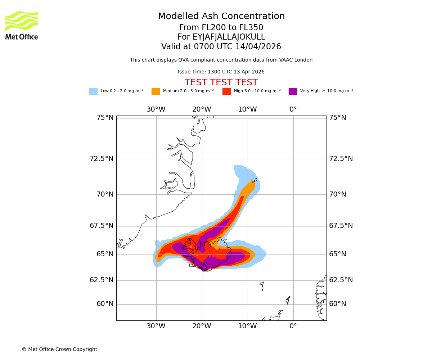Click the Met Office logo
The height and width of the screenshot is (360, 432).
coord(22,25)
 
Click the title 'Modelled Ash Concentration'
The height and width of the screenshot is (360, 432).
coord(221,17)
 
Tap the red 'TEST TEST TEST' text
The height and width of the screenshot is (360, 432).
coord(221,83)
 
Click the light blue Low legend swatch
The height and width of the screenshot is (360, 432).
coord(93,91)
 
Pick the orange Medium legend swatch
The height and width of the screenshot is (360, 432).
coord(156,91)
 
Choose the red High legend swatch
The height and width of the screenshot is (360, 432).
coord(226,91)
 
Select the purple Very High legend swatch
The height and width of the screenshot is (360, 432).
coord(293,91)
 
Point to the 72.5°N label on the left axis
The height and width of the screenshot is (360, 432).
coord(102,159)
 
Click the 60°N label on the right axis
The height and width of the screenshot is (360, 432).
coord(337,304)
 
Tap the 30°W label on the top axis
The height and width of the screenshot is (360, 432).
coord(156,109)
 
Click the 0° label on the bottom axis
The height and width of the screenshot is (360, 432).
coord(293,326)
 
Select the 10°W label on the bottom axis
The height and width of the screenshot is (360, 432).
coord(247,326)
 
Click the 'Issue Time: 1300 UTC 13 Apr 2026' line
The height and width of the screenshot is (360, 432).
coord(221,72)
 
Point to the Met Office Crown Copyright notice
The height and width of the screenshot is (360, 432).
coord(59,350)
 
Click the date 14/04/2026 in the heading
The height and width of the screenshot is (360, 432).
coord(258,47)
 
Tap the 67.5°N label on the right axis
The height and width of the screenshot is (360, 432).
coord(341,226)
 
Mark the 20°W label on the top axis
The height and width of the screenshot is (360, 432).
coord(202,109)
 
